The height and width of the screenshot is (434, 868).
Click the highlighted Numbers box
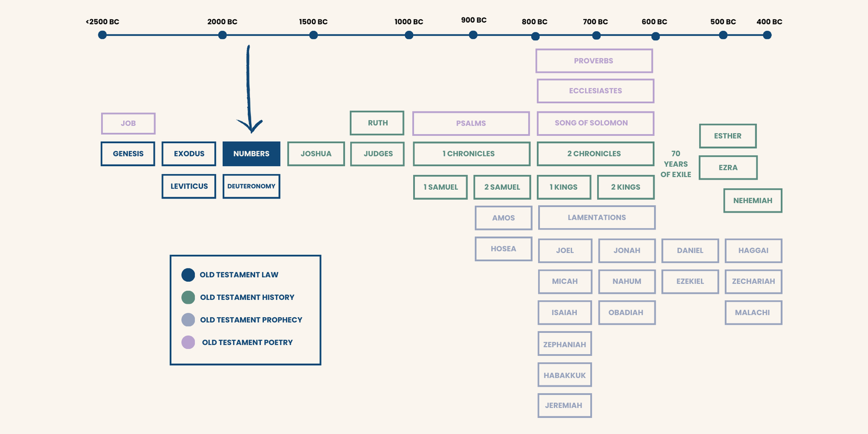pyautogui.click(x=251, y=154)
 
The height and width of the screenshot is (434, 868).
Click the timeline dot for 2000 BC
pyautogui.click(x=222, y=35)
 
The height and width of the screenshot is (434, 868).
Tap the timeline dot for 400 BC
pyautogui.click(x=767, y=35)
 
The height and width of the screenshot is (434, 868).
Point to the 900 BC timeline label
pyautogui.click(x=473, y=20)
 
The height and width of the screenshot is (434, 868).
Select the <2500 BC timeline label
pyautogui.click(x=102, y=22)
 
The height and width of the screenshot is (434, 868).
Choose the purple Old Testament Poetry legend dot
pyautogui.click(x=188, y=342)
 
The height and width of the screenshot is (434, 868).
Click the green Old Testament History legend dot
pyautogui.click(x=188, y=297)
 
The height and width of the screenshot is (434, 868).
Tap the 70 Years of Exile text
pyautogui.click(x=676, y=164)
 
